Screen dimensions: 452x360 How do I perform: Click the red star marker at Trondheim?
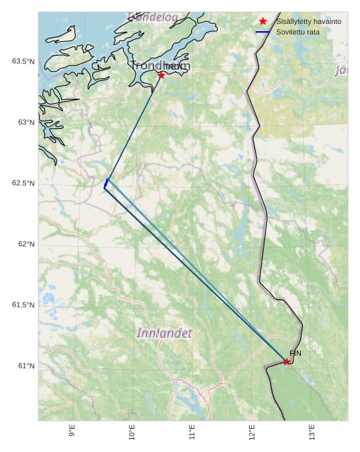point(161,75)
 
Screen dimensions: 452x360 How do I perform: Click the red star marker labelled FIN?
point(287,362)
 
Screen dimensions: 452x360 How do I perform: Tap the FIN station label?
point(296,353)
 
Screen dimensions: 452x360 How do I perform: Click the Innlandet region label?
point(165,333)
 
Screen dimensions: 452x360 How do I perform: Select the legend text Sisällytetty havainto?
point(308,22)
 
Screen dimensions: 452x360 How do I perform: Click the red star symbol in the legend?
point(263,22)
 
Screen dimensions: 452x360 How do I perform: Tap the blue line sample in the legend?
point(263,32)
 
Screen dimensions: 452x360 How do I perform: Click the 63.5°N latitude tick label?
point(23,62)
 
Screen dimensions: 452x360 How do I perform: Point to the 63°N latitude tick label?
point(26,122)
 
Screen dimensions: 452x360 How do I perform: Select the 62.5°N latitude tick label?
point(23,183)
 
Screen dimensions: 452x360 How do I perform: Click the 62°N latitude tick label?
point(26,244)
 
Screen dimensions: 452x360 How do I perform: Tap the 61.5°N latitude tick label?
point(23,305)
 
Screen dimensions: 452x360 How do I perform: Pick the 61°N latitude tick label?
point(26,366)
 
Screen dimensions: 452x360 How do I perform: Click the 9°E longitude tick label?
point(72,432)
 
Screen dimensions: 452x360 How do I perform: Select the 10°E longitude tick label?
point(132,432)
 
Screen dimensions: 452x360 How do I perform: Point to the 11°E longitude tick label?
point(191,432)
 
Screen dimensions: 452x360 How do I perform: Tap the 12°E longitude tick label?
point(251,432)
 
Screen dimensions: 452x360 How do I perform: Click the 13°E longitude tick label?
point(311,432)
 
